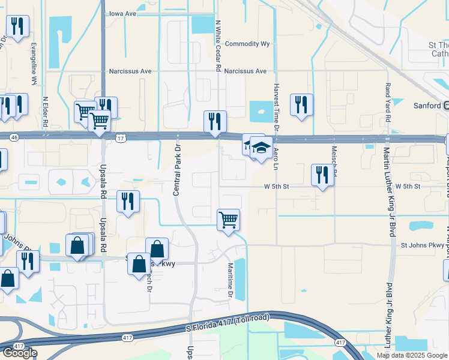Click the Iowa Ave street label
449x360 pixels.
(127, 13)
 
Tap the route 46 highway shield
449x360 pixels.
(14, 137)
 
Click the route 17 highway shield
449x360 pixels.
(121, 137)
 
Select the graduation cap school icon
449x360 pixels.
(261, 148)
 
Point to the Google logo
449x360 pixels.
(19, 353)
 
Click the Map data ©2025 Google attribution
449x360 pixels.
(412, 355)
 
